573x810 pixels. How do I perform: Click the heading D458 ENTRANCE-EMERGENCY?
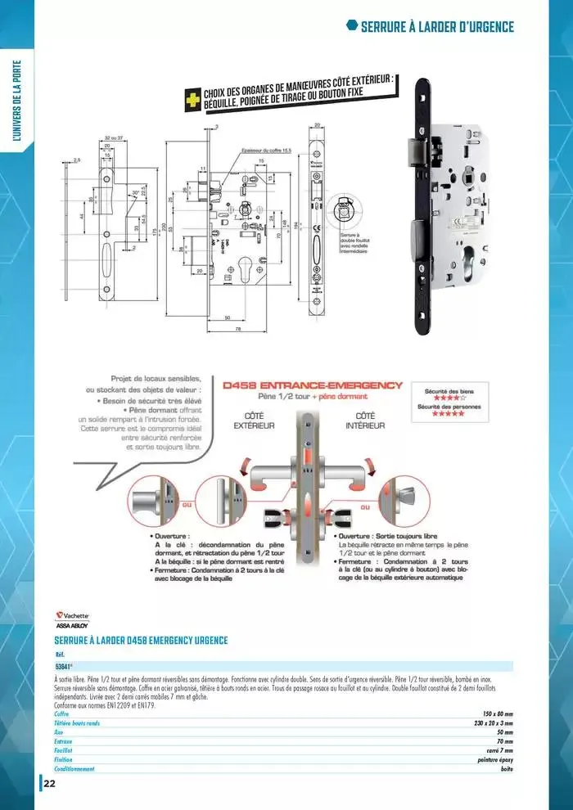pos(313,385)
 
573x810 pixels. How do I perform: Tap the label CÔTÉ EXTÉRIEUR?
pos(254,421)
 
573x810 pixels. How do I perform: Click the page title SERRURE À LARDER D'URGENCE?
pos(437,27)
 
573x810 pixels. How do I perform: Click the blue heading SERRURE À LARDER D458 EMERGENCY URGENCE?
pos(141,640)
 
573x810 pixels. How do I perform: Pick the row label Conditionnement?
pos(74,768)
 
